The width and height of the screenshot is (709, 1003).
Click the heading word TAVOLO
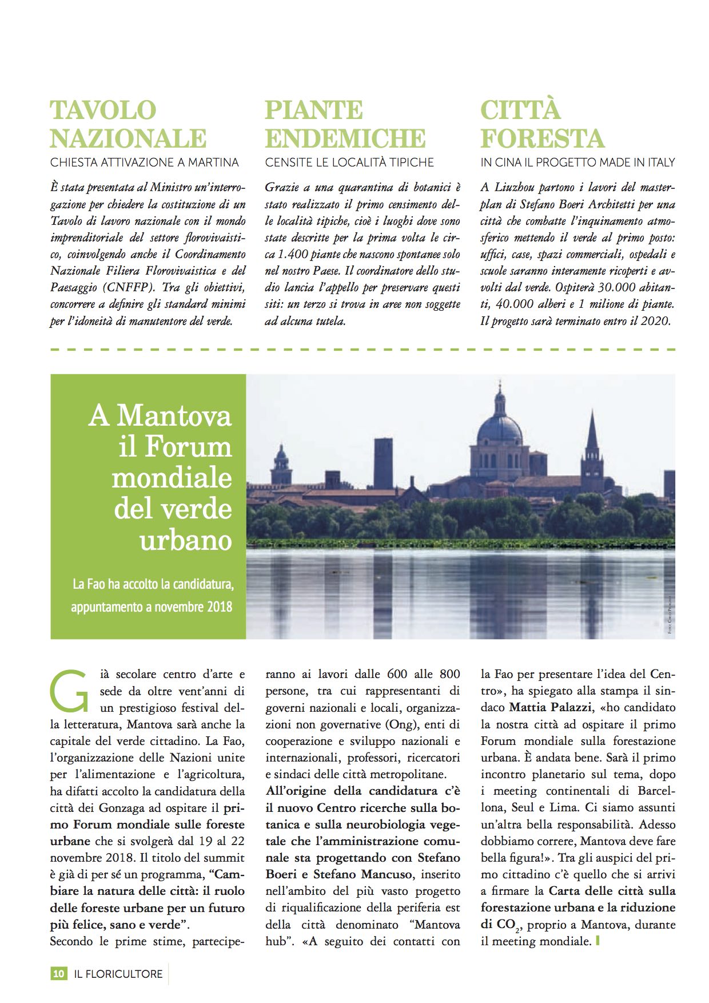click(x=103, y=110)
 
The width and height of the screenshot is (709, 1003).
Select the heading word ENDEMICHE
click(x=345, y=138)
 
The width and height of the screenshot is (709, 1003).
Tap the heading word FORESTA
click(x=542, y=138)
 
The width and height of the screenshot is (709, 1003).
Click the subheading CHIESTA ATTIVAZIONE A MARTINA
click(x=144, y=162)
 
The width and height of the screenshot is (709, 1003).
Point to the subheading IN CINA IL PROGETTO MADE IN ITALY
click(x=577, y=162)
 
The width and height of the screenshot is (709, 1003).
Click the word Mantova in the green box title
click(x=174, y=416)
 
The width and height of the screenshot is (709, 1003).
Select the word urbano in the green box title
click(x=186, y=540)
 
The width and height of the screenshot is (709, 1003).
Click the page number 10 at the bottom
click(x=58, y=973)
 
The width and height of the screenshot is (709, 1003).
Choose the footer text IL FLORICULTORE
click(x=118, y=973)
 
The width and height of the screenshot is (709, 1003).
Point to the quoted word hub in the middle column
click(x=277, y=941)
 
